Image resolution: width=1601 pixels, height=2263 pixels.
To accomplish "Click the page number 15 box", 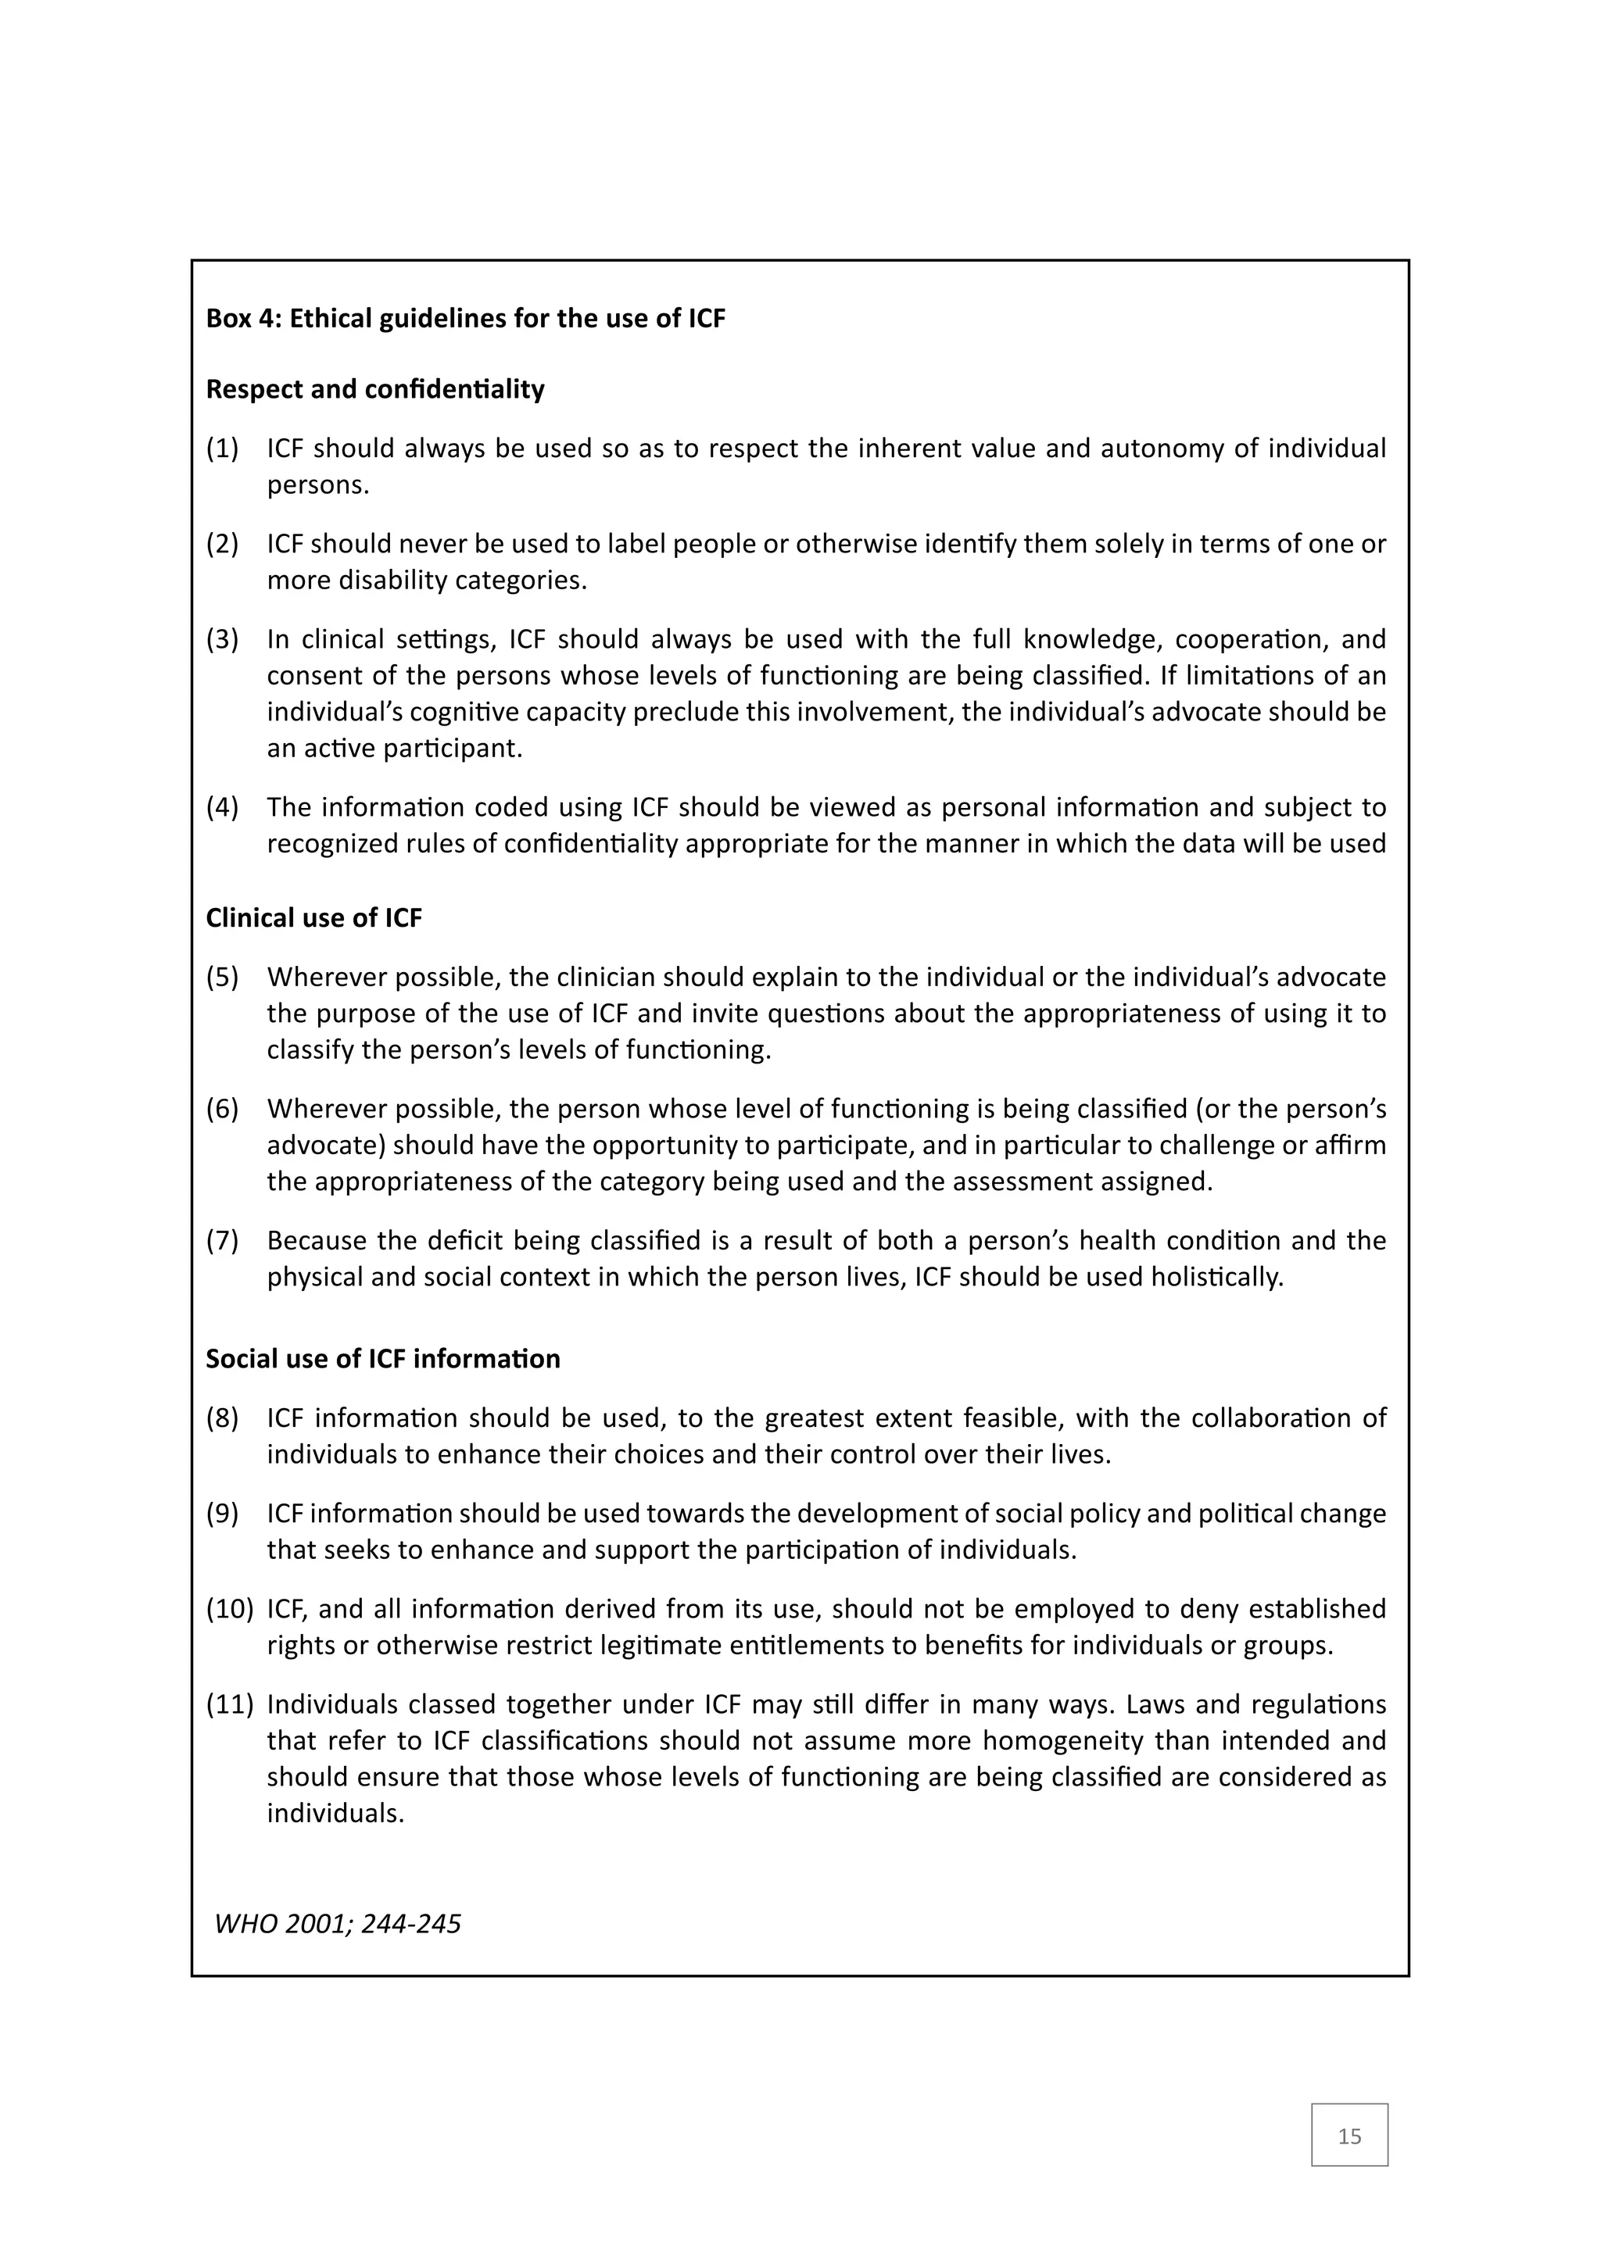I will pos(1348,2135).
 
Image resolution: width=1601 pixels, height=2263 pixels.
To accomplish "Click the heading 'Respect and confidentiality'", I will pos(374,389).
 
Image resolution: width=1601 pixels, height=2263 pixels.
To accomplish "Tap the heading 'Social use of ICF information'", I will pos(382,1358).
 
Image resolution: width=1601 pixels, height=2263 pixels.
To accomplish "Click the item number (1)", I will pos(222,449).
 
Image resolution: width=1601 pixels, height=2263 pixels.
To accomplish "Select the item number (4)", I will pos(222,807).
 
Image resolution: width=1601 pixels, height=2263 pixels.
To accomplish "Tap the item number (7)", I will pos(222,1240).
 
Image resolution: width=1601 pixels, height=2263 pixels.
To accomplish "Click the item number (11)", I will pos(229,1704).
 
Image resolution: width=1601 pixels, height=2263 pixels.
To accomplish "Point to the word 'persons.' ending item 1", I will pos(317,485).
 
